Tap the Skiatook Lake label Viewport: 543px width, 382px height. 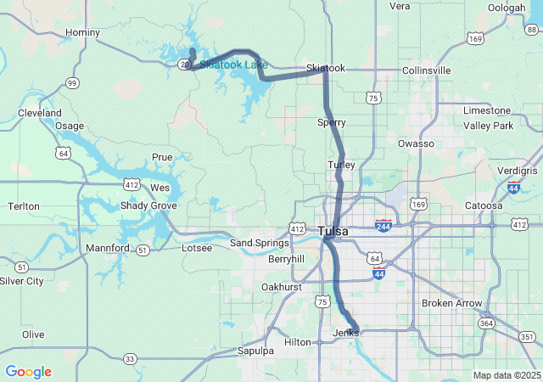point(233,65)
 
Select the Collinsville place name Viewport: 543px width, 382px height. point(427,70)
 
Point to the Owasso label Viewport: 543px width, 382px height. point(416,144)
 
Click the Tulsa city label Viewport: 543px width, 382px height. point(333,231)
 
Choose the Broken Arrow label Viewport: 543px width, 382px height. point(451,304)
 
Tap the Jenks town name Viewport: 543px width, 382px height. point(345,333)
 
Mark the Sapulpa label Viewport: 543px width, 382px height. point(255,351)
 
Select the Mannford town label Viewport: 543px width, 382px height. point(107,248)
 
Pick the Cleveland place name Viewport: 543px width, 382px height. point(39,113)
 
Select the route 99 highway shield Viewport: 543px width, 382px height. point(73,83)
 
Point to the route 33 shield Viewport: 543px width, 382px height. point(129,359)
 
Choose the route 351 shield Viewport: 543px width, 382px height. point(528,337)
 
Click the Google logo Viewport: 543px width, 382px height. point(28,372)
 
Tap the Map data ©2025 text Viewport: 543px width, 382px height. point(506,375)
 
